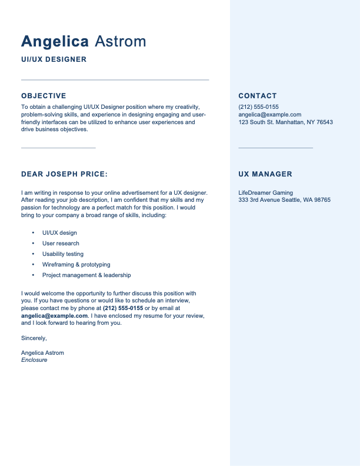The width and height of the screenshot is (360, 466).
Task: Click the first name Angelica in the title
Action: [55, 42]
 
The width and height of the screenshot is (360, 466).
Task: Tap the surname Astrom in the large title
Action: [120, 42]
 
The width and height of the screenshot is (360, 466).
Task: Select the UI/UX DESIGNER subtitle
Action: [54, 59]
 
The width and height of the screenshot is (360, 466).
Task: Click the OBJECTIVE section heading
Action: [44, 96]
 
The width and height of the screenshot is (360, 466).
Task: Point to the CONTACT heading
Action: [257, 96]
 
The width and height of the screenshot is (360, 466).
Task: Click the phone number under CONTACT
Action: [258, 106]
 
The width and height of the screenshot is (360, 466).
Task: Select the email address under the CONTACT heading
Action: [269, 115]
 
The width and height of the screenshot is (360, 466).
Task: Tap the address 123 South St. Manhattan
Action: [285, 122]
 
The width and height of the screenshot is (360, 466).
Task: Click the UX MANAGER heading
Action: [265, 174]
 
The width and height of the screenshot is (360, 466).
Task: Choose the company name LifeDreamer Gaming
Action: [265, 192]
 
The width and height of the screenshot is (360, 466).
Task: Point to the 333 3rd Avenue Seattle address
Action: [284, 200]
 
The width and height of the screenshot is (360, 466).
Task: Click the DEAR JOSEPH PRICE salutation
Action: [64, 174]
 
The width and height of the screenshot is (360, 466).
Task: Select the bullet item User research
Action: [61, 244]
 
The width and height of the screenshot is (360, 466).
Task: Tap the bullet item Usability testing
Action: [63, 254]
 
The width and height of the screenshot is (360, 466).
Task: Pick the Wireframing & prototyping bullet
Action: [76, 265]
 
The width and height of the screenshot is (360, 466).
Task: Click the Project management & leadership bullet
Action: [86, 275]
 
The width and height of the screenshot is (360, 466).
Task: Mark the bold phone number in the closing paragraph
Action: [123, 308]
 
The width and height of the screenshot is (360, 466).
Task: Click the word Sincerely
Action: [34, 338]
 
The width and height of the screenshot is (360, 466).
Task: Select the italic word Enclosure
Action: [34, 360]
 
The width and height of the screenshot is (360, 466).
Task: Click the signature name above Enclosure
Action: [42, 353]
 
